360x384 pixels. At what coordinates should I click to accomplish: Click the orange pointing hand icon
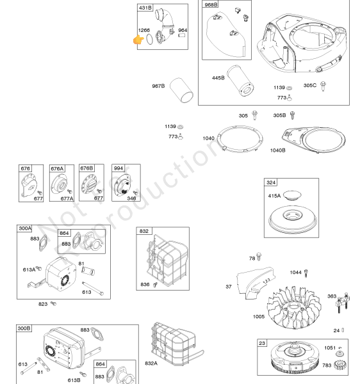138,40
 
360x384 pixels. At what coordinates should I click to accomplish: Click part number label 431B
145,8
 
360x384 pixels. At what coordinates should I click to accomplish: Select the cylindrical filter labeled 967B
181,90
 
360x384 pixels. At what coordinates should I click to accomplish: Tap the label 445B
218,78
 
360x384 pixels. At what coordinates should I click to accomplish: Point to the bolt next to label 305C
323,86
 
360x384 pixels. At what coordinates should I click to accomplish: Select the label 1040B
277,150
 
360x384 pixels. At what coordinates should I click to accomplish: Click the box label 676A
57,168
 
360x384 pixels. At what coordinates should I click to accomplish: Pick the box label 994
119,168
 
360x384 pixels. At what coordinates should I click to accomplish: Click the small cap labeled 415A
292,195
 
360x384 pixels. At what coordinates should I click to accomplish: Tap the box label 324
271,182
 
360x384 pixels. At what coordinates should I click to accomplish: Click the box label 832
144,231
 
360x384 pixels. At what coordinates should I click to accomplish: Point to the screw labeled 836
155,285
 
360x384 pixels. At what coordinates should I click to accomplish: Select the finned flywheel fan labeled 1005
293,307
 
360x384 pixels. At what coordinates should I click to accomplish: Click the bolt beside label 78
259,257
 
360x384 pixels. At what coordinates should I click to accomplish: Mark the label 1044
295,273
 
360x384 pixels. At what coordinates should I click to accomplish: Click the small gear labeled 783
340,365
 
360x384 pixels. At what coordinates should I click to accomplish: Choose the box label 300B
24,328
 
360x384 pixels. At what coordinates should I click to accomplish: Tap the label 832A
151,364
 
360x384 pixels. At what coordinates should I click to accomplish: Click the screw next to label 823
53,304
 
